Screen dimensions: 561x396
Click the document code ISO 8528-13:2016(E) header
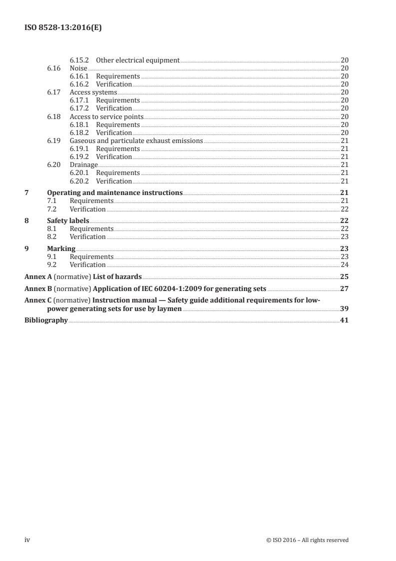(x=63, y=28)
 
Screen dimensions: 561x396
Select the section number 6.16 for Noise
(x=54, y=68)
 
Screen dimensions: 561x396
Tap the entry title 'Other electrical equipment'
(x=137, y=60)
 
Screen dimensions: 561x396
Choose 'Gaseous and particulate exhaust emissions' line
(x=136, y=141)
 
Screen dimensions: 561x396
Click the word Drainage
(x=83, y=165)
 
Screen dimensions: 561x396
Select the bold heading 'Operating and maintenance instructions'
(x=114, y=192)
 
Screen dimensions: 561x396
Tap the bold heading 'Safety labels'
(x=68, y=220)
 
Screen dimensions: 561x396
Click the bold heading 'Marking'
(x=61, y=248)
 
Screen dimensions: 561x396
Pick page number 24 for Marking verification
(x=344, y=264)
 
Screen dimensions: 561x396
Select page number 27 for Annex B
(x=344, y=288)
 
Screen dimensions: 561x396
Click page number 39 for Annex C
(x=344, y=309)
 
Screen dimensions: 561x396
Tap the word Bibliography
(x=46, y=320)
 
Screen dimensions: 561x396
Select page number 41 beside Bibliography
(x=344, y=320)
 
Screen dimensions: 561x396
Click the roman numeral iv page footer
(x=28, y=540)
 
